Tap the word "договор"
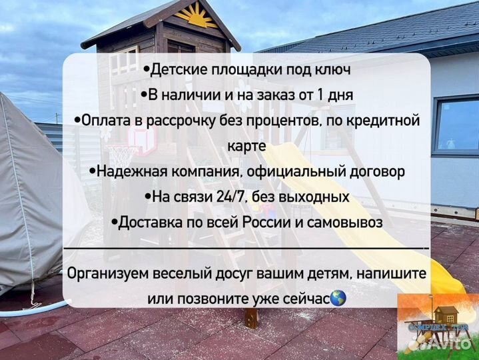[x=372, y=171]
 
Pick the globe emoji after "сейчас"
[x=338, y=298]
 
